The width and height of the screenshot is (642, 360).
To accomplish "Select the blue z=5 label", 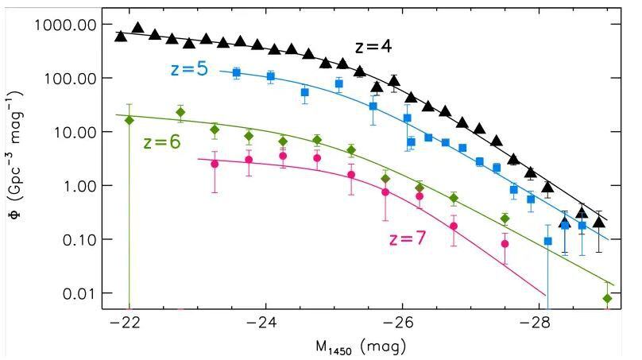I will tap(188, 70).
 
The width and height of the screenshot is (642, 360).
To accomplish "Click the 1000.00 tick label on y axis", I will tap(66, 25).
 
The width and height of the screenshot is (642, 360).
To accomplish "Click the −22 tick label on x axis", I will tap(126, 324).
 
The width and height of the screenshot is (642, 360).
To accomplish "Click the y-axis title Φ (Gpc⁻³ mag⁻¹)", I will tap(17, 160).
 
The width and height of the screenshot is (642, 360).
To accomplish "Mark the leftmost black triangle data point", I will tap(121, 36).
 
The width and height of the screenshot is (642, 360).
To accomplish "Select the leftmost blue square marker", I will tap(236, 72).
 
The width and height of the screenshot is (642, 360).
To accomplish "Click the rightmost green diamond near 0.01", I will tap(608, 299).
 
